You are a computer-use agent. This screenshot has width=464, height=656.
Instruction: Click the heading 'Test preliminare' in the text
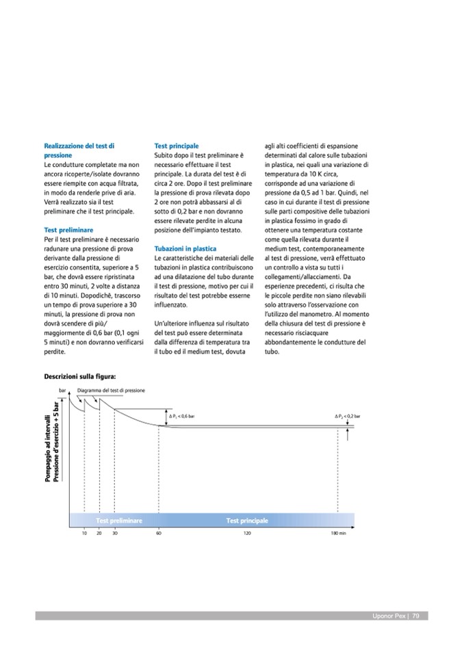point(68,230)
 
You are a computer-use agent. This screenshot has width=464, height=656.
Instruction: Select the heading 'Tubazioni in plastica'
point(185,249)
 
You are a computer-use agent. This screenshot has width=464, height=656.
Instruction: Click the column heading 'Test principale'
point(177,146)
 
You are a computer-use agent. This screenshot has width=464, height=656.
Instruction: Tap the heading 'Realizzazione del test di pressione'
point(79,150)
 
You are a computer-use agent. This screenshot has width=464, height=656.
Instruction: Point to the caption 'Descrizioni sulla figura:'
point(80,376)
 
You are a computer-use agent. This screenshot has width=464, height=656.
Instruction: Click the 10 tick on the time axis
point(84,533)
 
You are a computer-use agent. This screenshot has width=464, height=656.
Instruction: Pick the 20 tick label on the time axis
point(99,533)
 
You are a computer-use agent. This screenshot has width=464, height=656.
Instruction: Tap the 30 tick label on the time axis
point(115,533)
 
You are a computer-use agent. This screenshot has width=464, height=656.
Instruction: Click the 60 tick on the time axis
point(159,533)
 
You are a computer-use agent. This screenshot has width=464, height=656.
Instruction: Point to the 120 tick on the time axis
point(247,533)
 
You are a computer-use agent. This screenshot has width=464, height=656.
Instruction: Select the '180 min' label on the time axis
point(339,533)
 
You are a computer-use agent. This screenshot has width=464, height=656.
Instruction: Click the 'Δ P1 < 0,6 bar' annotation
point(181,416)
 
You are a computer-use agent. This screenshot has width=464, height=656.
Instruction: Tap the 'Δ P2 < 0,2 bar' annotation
point(348,416)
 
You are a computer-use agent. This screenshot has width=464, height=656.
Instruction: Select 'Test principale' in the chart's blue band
point(247,521)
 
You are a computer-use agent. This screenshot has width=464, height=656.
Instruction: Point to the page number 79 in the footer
point(415,616)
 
